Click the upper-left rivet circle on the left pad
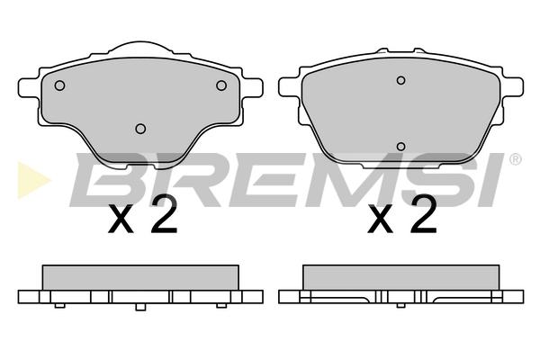coord(60,85)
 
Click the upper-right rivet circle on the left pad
coord(221,85)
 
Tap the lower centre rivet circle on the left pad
coord(140,129)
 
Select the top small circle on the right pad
coord(400,80)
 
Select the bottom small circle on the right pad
coord(400,147)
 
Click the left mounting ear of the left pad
coord(29,88)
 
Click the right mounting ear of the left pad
coord(252,88)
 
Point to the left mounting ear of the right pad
coord(289,86)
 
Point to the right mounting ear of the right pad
coord(512,86)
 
